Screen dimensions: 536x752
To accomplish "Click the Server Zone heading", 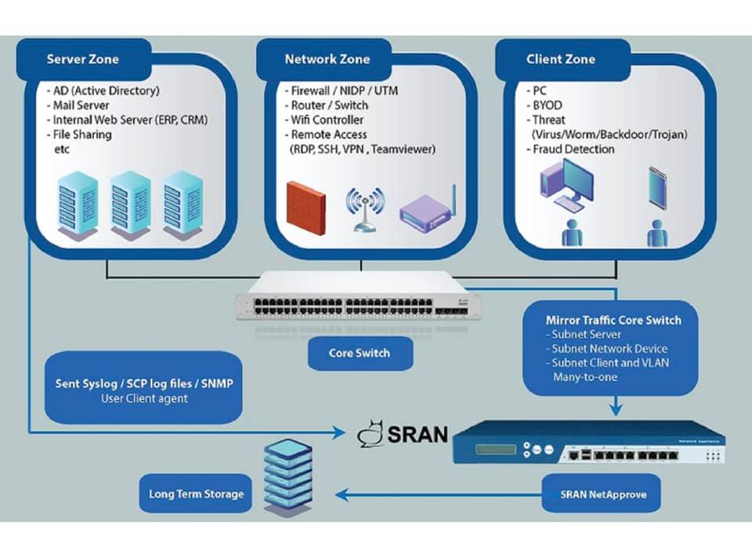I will click(x=82, y=60).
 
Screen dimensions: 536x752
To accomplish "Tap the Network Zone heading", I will click(x=327, y=60).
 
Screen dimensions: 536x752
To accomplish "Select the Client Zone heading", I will click(x=560, y=60).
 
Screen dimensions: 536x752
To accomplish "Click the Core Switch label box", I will click(x=359, y=353).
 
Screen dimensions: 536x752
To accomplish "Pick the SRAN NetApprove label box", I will click(x=599, y=494).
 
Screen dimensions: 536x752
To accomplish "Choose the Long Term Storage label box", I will click(x=196, y=494).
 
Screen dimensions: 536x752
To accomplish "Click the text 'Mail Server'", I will click(x=81, y=105).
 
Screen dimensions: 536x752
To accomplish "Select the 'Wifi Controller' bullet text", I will click(x=327, y=120).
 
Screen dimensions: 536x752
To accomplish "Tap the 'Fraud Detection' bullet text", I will click(x=573, y=149).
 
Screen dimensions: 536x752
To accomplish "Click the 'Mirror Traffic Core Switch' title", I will click(x=613, y=320).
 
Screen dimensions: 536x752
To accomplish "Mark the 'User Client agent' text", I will click(x=143, y=398).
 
